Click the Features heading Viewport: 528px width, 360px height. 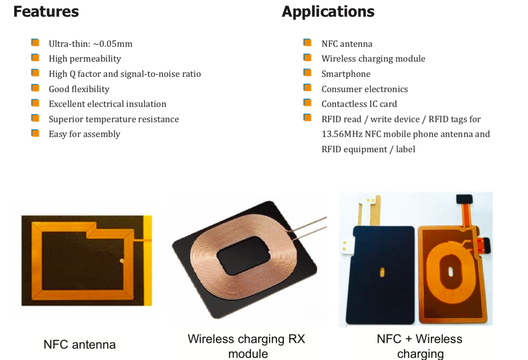pyautogui.click(x=46, y=11)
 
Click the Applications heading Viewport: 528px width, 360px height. pyautogui.click(x=328, y=12)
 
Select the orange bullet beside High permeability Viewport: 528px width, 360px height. pyautogui.click(x=35, y=58)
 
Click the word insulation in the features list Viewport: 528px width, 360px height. pyautogui.click(x=146, y=104)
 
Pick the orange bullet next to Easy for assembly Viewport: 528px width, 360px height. pyautogui.click(x=35, y=133)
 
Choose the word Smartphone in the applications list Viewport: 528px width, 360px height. pyautogui.click(x=346, y=74)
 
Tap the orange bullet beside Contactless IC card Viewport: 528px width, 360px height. pyautogui.click(x=307, y=103)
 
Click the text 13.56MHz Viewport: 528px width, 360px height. pyautogui.click(x=342, y=134)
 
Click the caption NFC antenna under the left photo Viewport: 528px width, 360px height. pyautogui.click(x=80, y=345)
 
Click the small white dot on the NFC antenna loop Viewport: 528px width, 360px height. pyautogui.click(x=122, y=261)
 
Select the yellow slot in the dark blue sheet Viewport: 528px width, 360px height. pyautogui.click(x=382, y=272)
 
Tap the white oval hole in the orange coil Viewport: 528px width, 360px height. pyautogui.click(x=450, y=272)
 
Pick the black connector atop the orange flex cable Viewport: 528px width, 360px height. pyautogui.click(x=464, y=199)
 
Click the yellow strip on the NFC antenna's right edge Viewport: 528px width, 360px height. pyautogui.click(x=147, y=261)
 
